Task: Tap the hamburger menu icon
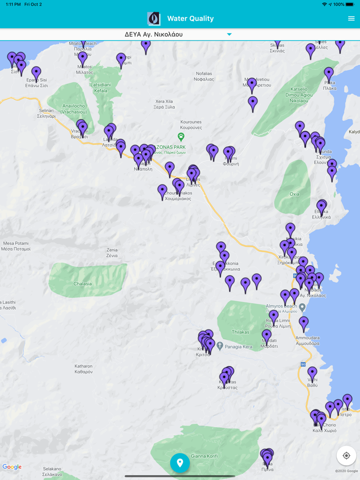(351, 19)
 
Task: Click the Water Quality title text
(190, 19)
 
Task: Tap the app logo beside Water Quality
(154, 19)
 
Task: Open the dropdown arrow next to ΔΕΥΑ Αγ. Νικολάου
(229, 34)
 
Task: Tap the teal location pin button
(180, 463)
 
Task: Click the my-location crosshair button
(346, 455)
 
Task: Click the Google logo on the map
(12, 467)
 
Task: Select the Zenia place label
(112, 252)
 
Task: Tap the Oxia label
(294, 194)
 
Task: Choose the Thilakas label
(240, 332)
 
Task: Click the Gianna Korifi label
(205, 456)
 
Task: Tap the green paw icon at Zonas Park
(181, 137)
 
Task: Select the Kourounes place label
(191, 124)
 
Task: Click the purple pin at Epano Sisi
(36, 72)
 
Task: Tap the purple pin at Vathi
(312, 373)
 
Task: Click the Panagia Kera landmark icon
(220, 346)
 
